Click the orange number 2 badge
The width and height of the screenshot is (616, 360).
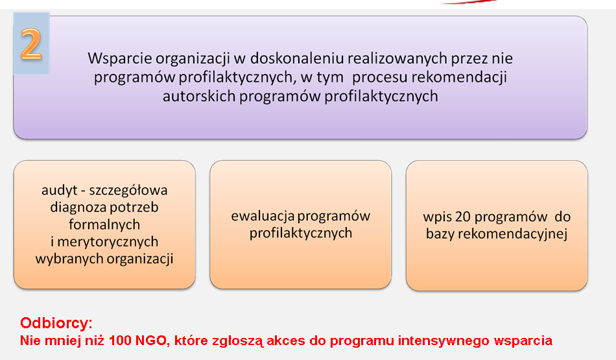click(31, 43)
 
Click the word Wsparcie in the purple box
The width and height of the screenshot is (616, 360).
click(120, 58)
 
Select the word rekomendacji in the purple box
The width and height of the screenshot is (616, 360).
click(459, 77)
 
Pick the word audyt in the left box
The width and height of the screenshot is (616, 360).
click(59, 191)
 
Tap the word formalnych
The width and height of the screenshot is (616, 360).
click(104, 224)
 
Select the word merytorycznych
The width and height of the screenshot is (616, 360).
click(108, 242)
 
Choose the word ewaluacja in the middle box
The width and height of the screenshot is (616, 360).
click(263, 216)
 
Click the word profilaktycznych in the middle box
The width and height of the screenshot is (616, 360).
click(300, 233)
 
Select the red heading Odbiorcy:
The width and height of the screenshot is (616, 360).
click(56, 323)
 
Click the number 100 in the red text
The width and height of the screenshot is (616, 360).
click(120, 341)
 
